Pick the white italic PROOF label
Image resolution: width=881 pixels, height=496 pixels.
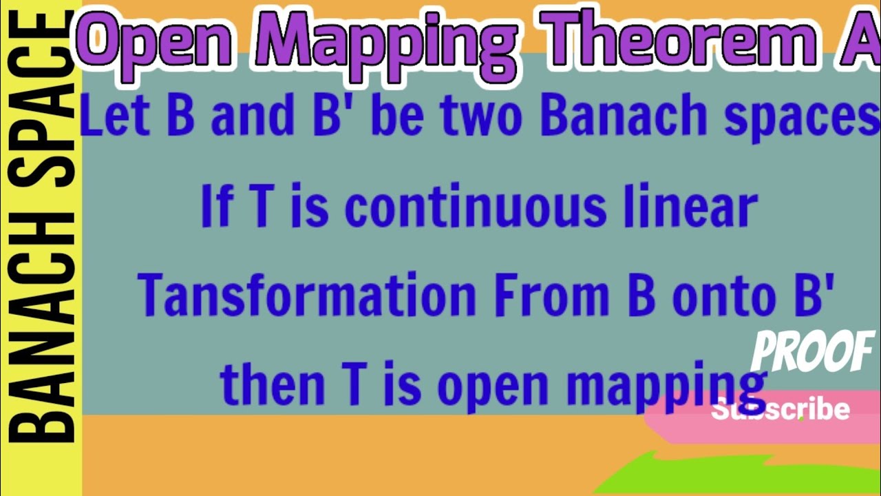pos(812,351)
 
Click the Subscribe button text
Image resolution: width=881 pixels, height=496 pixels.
pos(781,409)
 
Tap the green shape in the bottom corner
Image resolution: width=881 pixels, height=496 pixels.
pos(757,475)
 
